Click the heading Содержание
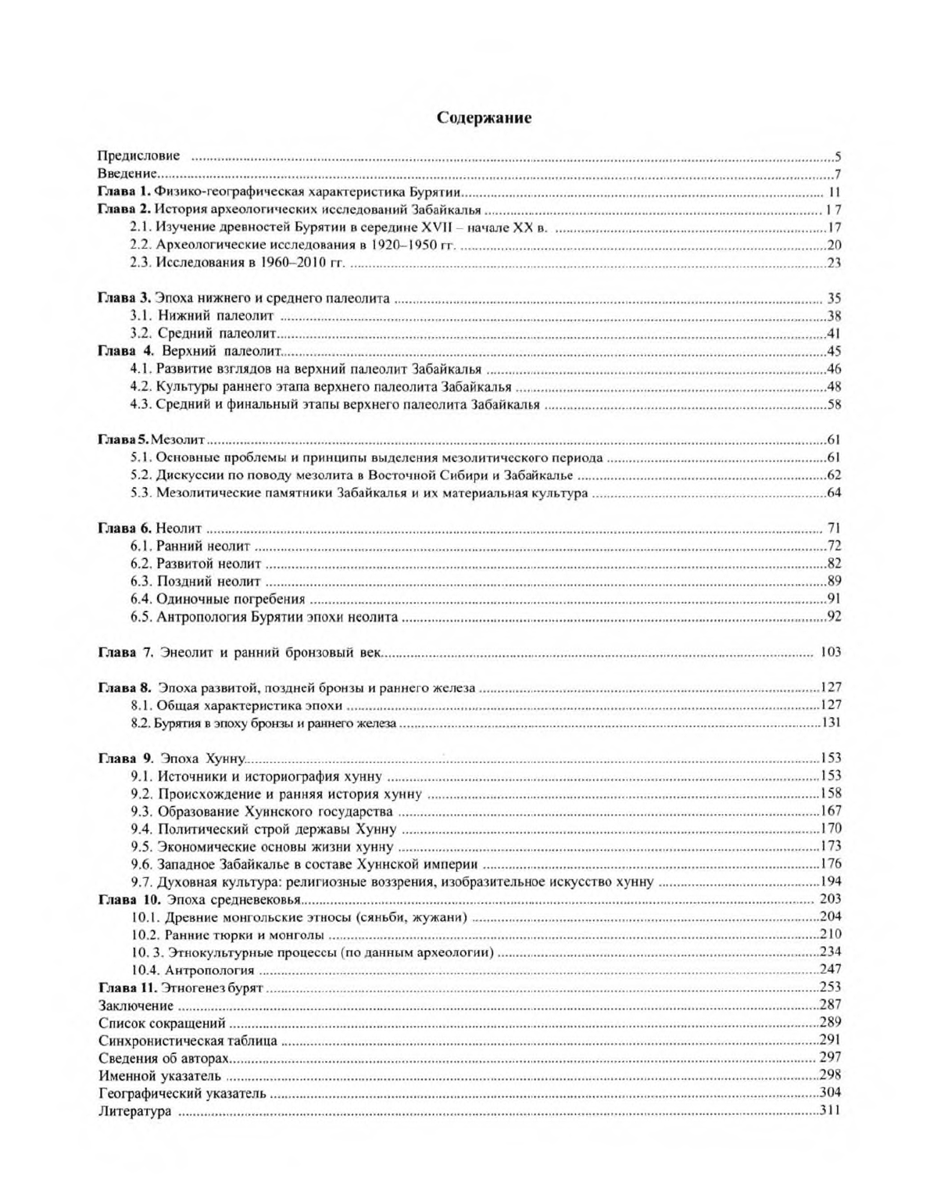coord(484,118)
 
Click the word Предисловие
coord(139,156)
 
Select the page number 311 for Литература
coord(830,1111)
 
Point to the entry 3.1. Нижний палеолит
coord(202,317)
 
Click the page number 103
coord(830,652)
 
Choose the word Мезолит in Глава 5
coord(177,441)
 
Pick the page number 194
coord(830,882)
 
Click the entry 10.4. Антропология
coord(192,970)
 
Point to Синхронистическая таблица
coord(188,1041)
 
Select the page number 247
coord(830,970)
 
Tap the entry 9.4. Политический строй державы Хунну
coord(263,829)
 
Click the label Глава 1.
coord(123,192)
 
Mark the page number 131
coord(830,722)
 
